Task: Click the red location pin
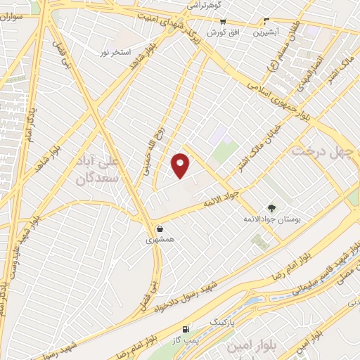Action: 181,165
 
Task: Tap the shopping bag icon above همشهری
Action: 160,229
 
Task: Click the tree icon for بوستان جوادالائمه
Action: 272,207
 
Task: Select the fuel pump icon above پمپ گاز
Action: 186,329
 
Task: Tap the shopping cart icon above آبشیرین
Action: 266,20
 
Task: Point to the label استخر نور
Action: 115,53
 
